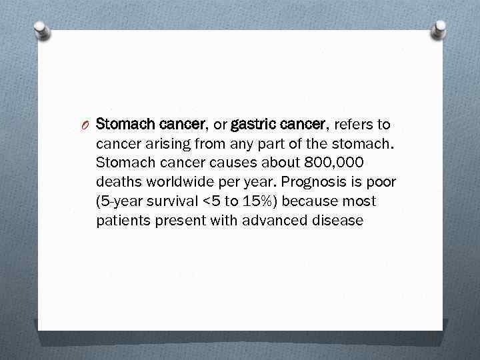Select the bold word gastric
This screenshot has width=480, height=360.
[x=251, y=124]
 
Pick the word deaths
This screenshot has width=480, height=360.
[x=117, y=182]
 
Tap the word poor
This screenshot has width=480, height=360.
[x=381, y=182]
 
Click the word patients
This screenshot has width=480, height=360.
[x=121, y=221]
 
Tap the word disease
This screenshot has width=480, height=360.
[x=339, y=221]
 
